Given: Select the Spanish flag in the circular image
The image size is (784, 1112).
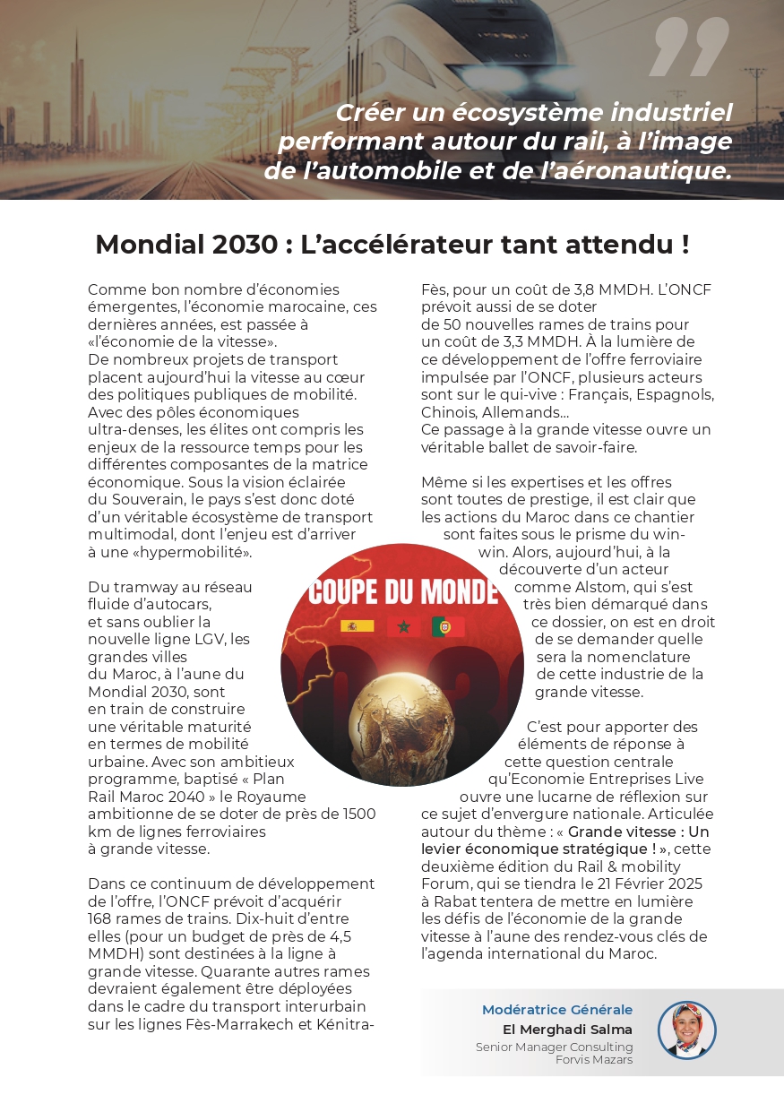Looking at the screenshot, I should click(x=357, y=625).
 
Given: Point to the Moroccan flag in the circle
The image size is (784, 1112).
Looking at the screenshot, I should click(x=403, y=625).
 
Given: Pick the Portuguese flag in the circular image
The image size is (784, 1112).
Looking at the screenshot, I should click(x=447, y=625).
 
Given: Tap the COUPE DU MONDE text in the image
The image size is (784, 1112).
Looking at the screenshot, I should click(x=402, y=591).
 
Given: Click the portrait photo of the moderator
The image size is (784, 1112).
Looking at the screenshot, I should click(x=686, y=1030).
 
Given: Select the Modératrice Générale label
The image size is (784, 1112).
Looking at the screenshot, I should click(x=556, y=1010).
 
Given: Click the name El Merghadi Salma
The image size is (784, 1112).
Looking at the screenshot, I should click(x=567, y=1030).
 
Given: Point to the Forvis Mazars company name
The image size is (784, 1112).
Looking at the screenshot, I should click(x=594, y=1060).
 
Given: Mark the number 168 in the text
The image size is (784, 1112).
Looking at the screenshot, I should click(x=102, y=918).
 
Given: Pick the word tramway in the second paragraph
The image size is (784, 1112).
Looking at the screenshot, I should click(x=141, y=587).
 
